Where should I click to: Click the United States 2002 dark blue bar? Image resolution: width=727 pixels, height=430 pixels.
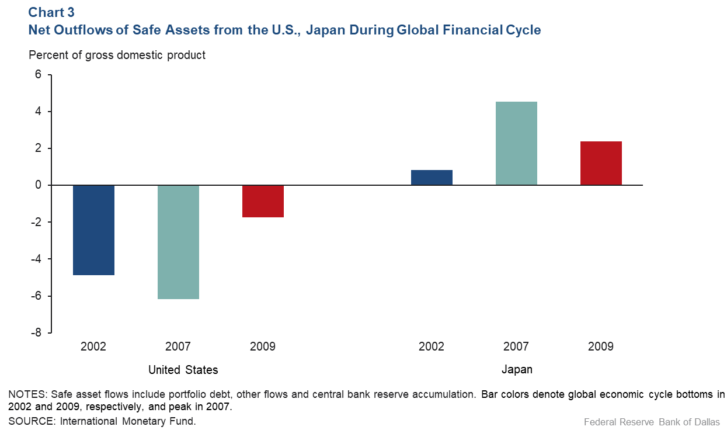coord(93,230)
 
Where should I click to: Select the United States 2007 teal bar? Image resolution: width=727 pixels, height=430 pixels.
coord(178,242)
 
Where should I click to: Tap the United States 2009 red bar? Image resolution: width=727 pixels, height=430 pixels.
coord(263,201)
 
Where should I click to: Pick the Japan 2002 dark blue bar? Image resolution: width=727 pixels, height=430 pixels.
coord(432,178)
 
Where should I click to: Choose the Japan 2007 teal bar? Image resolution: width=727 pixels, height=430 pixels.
coord(516,144)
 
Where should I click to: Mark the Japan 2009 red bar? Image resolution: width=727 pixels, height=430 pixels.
coord(601,163)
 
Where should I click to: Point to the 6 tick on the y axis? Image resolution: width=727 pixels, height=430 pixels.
coord(38,75)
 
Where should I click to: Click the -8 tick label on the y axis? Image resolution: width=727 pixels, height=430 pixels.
coord(36,332)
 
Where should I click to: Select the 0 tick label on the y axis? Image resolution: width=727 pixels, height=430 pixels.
coord(38,185)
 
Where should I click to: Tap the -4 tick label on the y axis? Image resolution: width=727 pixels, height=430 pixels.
coord(36,259)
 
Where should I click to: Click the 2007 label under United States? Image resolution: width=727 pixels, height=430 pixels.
coord(178,346)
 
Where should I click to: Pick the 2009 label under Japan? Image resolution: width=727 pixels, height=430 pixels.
coord(601,346)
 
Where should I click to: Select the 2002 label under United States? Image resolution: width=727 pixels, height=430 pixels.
coord(93,346)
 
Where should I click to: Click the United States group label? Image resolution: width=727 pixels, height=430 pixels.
coord(183,370)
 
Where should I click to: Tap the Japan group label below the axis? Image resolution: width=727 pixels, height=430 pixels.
coord(517,370)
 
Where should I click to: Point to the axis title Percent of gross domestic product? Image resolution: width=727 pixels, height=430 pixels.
coord(117,56)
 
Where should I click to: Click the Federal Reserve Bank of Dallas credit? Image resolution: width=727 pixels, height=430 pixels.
coord(652,421)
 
